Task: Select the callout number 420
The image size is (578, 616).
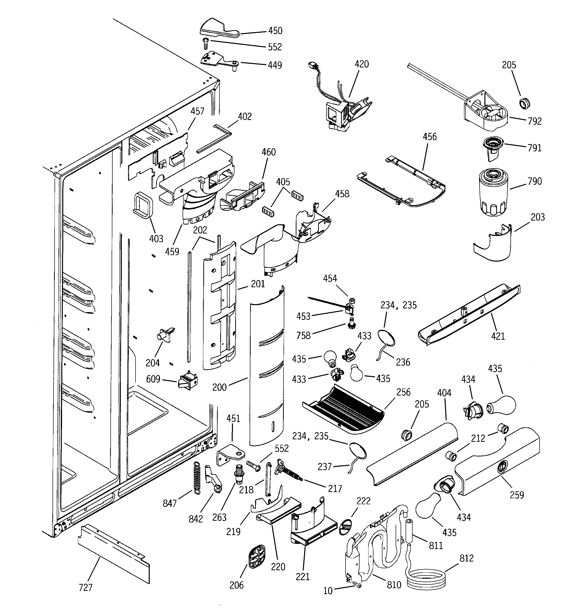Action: click(x=361, y=64)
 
